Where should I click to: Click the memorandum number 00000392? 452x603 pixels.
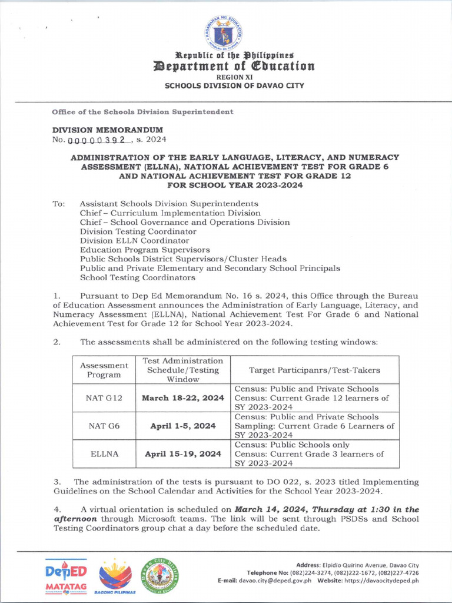coord(98,140)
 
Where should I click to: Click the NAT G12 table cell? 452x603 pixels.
coord(104,398)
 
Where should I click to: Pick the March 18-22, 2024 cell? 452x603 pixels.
coord(183,398)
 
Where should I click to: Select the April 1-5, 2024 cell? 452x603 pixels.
coord(183,426)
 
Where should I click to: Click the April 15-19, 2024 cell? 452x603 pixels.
coord(183,454)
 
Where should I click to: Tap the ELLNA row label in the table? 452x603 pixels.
coord(104,454)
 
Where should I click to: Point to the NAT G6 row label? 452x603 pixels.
coord(104,426)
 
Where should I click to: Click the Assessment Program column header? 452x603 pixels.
coord(104,370)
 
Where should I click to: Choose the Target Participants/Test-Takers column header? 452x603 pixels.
coord(314,370)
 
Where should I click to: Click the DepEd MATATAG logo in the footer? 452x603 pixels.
coord(66,577)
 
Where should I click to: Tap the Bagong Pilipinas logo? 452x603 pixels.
coord(115,577)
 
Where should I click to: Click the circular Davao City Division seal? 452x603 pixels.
coord(159,574)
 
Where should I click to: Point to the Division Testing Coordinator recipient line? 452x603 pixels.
coord(138,231)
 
